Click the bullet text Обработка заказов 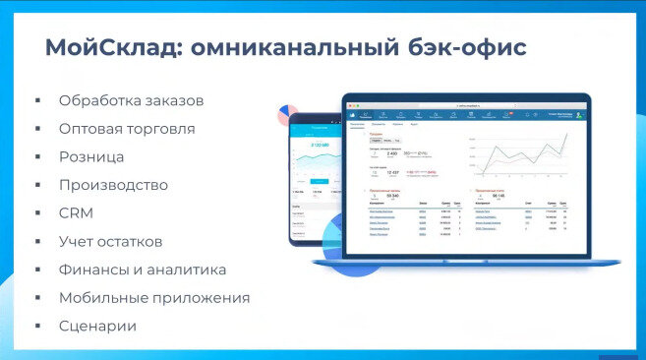coord(132,100)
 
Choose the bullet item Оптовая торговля coord(127,129)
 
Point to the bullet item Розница coord(91,156)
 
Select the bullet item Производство coord(113,185)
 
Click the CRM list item coord(76,212)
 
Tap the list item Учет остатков coord(110,241)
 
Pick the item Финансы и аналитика coord(143,270)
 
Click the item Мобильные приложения coord(154,297)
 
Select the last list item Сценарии coord(97,326)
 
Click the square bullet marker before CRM coord(36,213)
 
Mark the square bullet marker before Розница coord(36,157)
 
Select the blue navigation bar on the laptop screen coord(466,116)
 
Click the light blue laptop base coord(466,261)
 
